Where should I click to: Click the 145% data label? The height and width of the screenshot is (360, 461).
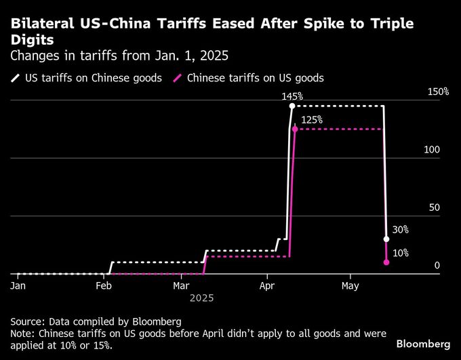pos(292,97)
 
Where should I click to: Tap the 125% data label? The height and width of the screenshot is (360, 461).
pos(312,119)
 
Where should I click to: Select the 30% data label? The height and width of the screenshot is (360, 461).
pos(400,230)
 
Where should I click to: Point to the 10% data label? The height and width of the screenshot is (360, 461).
pos(400,253)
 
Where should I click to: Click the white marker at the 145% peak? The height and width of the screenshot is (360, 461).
pos(292,106)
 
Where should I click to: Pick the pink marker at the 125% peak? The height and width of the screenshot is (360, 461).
pos(294,128)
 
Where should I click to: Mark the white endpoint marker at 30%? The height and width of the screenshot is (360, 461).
pos(386,239)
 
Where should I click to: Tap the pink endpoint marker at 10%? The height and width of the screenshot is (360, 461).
pos(386,262)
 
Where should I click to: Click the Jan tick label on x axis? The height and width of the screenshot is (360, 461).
pos(18,286)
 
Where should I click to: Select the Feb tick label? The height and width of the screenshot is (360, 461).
pos(103,286)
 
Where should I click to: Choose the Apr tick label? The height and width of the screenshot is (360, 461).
pos(267,286)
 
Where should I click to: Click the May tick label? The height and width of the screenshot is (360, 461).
pos(350,286)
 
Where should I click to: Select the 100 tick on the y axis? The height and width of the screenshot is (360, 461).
pos(432,149)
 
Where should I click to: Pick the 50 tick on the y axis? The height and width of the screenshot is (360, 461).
pos(434,207)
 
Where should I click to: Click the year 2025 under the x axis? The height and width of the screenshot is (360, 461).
pos(201,298)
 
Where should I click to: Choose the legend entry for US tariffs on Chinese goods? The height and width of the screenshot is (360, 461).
pos(87,78)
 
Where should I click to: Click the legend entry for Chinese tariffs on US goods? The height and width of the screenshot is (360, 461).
pos(249,78)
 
